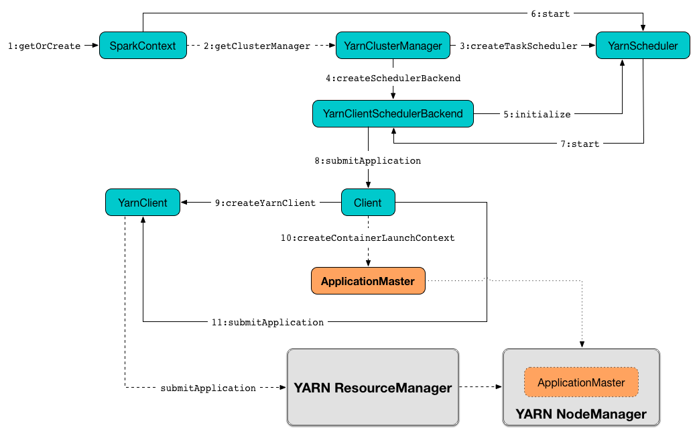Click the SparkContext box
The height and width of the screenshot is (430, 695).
142,46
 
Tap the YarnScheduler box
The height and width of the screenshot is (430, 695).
643,46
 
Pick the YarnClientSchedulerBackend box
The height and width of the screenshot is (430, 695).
393,114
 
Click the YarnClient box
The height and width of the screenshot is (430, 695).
143,203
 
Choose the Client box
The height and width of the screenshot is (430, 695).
368,203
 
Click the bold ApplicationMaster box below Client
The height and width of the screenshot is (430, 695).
368,281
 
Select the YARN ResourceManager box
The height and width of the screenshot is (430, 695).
373,388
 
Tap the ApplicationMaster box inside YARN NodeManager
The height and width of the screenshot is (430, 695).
581,382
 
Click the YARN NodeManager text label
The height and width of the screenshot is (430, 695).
581,414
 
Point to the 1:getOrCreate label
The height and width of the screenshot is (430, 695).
44,46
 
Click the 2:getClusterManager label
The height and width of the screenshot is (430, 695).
257,46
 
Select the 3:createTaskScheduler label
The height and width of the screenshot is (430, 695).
519,46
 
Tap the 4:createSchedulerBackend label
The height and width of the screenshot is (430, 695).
393,78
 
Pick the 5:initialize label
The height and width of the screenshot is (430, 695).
537,115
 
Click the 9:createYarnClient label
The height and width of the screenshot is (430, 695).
265,203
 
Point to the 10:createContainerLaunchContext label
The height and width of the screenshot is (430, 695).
368,238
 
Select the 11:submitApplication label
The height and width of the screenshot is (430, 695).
267,323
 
